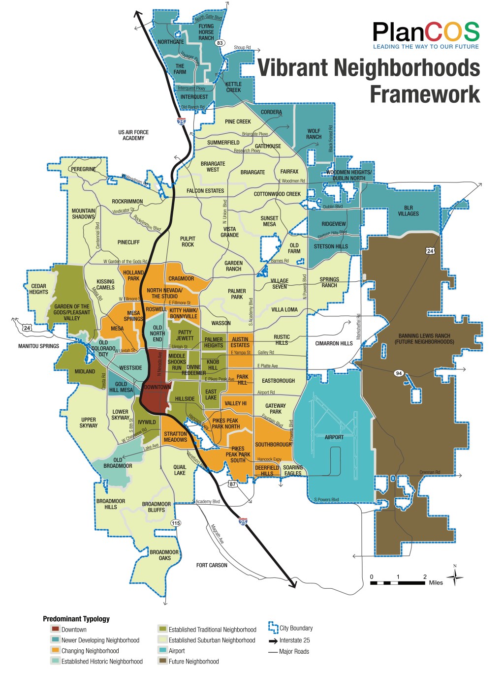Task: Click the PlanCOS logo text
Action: coord(426,32)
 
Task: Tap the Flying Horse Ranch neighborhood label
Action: coord(206,32)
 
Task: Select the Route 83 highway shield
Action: coord(220,43)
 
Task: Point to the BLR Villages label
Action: coord(408,211)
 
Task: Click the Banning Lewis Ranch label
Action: coord(424,339)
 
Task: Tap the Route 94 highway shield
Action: coord(399,373)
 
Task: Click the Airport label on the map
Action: coord(334,437)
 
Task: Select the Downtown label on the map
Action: coord(157,387)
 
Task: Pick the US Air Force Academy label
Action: coord(133,135)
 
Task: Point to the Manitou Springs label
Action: coord(38,346)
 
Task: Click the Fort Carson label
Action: coord(212,565)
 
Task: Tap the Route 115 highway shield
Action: coord(175,522)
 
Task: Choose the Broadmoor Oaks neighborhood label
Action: coord(164,555)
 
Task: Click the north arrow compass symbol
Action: coord(455,576)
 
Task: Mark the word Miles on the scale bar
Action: coord(436,583)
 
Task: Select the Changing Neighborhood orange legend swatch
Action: coord(55,651)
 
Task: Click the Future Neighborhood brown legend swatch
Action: coord(162,662)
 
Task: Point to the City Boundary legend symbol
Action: coord(273,628)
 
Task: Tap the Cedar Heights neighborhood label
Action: coord(38,289)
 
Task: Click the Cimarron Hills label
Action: coord(334,343)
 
